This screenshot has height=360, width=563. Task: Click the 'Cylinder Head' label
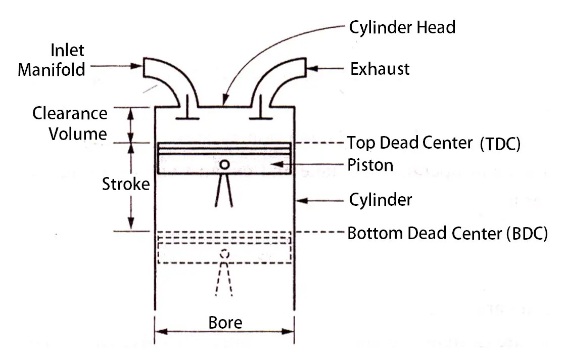(402, 27)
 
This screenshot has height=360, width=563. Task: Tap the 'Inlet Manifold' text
(51, 60)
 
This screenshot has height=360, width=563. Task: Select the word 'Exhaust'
(380, 68)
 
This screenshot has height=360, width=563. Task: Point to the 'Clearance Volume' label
(70, 123)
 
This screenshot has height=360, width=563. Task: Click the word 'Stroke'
(126, 184)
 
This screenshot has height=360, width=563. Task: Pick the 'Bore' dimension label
(225, 322)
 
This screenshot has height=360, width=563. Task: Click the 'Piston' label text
(370, 165)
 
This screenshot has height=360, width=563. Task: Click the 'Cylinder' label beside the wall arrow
(381, 200)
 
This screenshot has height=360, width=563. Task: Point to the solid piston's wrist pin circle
(225, 164)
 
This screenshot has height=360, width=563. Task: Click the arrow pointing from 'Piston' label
(308, 165)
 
